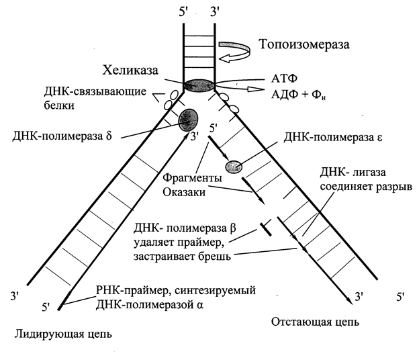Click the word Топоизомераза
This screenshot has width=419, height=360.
coord(304,44)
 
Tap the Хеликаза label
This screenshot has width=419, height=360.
coord(130,71)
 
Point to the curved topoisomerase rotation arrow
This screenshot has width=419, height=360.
coord(235,52)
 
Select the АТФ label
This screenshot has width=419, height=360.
coord(284,79)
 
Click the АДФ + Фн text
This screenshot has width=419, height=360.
coord(299,94)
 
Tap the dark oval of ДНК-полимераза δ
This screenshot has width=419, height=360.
coord(189,120)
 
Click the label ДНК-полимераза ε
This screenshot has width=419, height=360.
coord(332,138)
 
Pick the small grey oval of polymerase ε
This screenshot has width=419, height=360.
coord(234,167)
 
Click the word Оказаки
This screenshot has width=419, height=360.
coord(184,192)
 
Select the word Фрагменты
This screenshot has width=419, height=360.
coord(193,178)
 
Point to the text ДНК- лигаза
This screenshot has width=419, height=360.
coord(353,172)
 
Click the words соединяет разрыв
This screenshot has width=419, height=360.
coord(366,187)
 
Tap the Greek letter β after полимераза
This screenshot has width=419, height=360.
coord(233,229)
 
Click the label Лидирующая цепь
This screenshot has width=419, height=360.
coord(63,334)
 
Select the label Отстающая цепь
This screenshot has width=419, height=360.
coord(315,322)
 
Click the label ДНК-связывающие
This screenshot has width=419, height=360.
coord(95,91)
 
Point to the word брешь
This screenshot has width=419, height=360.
coord(214,257)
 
